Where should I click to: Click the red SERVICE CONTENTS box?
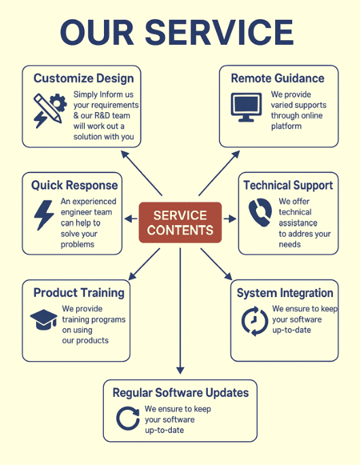[x=180, y=222]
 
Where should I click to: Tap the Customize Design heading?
[x=84, y=78]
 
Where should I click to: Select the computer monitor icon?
[x=246, y=107]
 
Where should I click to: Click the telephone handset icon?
[x=260, y=212]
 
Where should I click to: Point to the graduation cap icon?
[x=44, y=320]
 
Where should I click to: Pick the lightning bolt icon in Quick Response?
[x=44, y=215]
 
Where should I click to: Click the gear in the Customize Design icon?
[x=58, y=103]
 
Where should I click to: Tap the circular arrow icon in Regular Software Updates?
[x=128, y=418]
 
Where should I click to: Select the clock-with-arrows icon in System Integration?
[x=255, y=321]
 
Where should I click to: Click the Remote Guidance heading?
[x=278, y=78]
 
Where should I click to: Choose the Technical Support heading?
[x=288, y=186]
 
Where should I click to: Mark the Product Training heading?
[x=79, y=293]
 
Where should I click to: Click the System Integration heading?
[x=285, y=293]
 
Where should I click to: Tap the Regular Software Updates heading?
[x=181, y=393]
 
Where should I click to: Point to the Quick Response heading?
[x=74, y=186]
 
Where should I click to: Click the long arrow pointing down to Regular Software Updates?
[x=180, y=311]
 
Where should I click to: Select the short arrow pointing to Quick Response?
[x=130, y=219]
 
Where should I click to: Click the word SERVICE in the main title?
[x=219, y=33]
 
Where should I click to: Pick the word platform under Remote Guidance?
[x=286, y=126]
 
